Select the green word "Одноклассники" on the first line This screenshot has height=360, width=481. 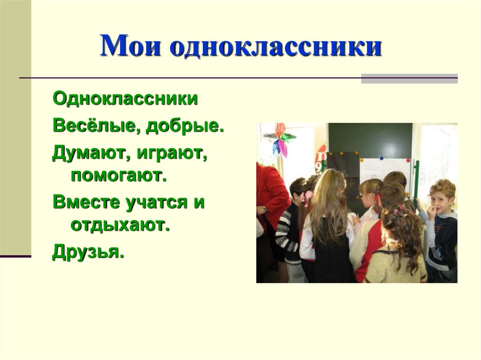(x=125, y=100)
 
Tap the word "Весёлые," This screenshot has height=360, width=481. (x=97, y=126)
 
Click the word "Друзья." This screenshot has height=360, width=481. (x=88, y=253)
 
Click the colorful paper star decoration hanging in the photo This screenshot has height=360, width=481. (x=280, y=139)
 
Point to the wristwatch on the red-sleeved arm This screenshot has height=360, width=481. (x=265, y=210)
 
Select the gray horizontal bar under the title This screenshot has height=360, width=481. (x=409, y=78)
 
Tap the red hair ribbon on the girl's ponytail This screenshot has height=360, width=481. (x=377, y=197)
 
